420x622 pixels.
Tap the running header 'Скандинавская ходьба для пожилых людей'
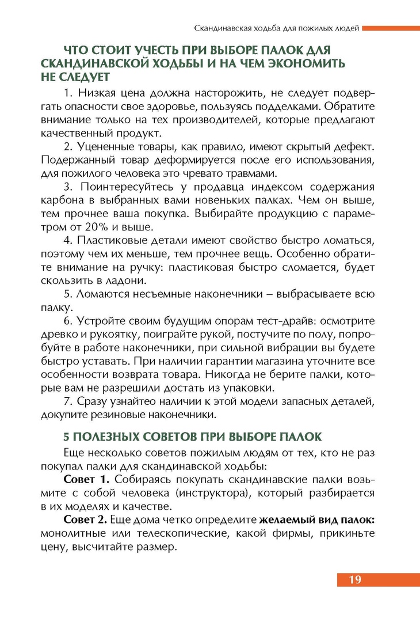277,27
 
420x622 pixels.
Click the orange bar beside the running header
391,27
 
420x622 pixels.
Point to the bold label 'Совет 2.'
86,520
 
